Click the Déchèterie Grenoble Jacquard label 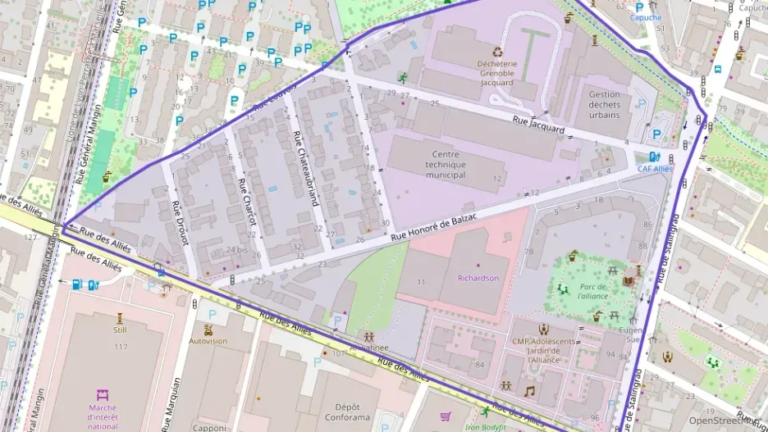(496, 72)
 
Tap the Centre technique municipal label (446, 164)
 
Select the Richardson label (478, 278)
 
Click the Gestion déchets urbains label (604, 104)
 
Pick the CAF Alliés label (655, 168)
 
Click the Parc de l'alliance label (592, 292)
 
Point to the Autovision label (208, 341)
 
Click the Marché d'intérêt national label (102, 415)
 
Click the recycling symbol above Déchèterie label (496, 50)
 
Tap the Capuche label (645, 16)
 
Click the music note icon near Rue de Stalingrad (529, 391)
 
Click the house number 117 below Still (121, 347)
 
